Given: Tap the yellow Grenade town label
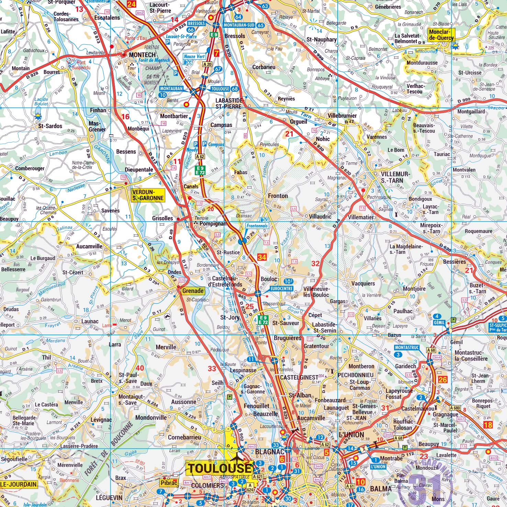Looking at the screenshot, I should tap(193, 291).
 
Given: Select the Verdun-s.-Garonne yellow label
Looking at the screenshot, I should tap(148, 195).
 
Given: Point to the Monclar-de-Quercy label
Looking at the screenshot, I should tap(441, 35).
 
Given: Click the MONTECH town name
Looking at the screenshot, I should tap(142, 55).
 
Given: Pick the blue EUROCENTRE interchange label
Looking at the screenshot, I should tap(281, 289).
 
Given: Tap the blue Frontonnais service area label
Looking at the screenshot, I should tap(257, 226).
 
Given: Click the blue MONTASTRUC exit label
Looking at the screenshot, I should tap(407, 348).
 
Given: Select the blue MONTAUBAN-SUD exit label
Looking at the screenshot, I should tap(239, 25).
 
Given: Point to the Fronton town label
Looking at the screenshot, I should tap(278, 196).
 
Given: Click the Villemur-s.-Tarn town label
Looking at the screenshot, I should tap(395, 177).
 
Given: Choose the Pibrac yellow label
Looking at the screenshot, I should tap(169, 483).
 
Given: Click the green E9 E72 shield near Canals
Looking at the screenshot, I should tap(200, 170).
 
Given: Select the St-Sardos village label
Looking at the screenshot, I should tap(50, 126).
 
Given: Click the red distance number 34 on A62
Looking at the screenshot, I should tap(262, 257).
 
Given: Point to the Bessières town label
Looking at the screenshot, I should tap(454, 262).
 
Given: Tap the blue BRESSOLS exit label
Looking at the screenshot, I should tap(196, 24).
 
